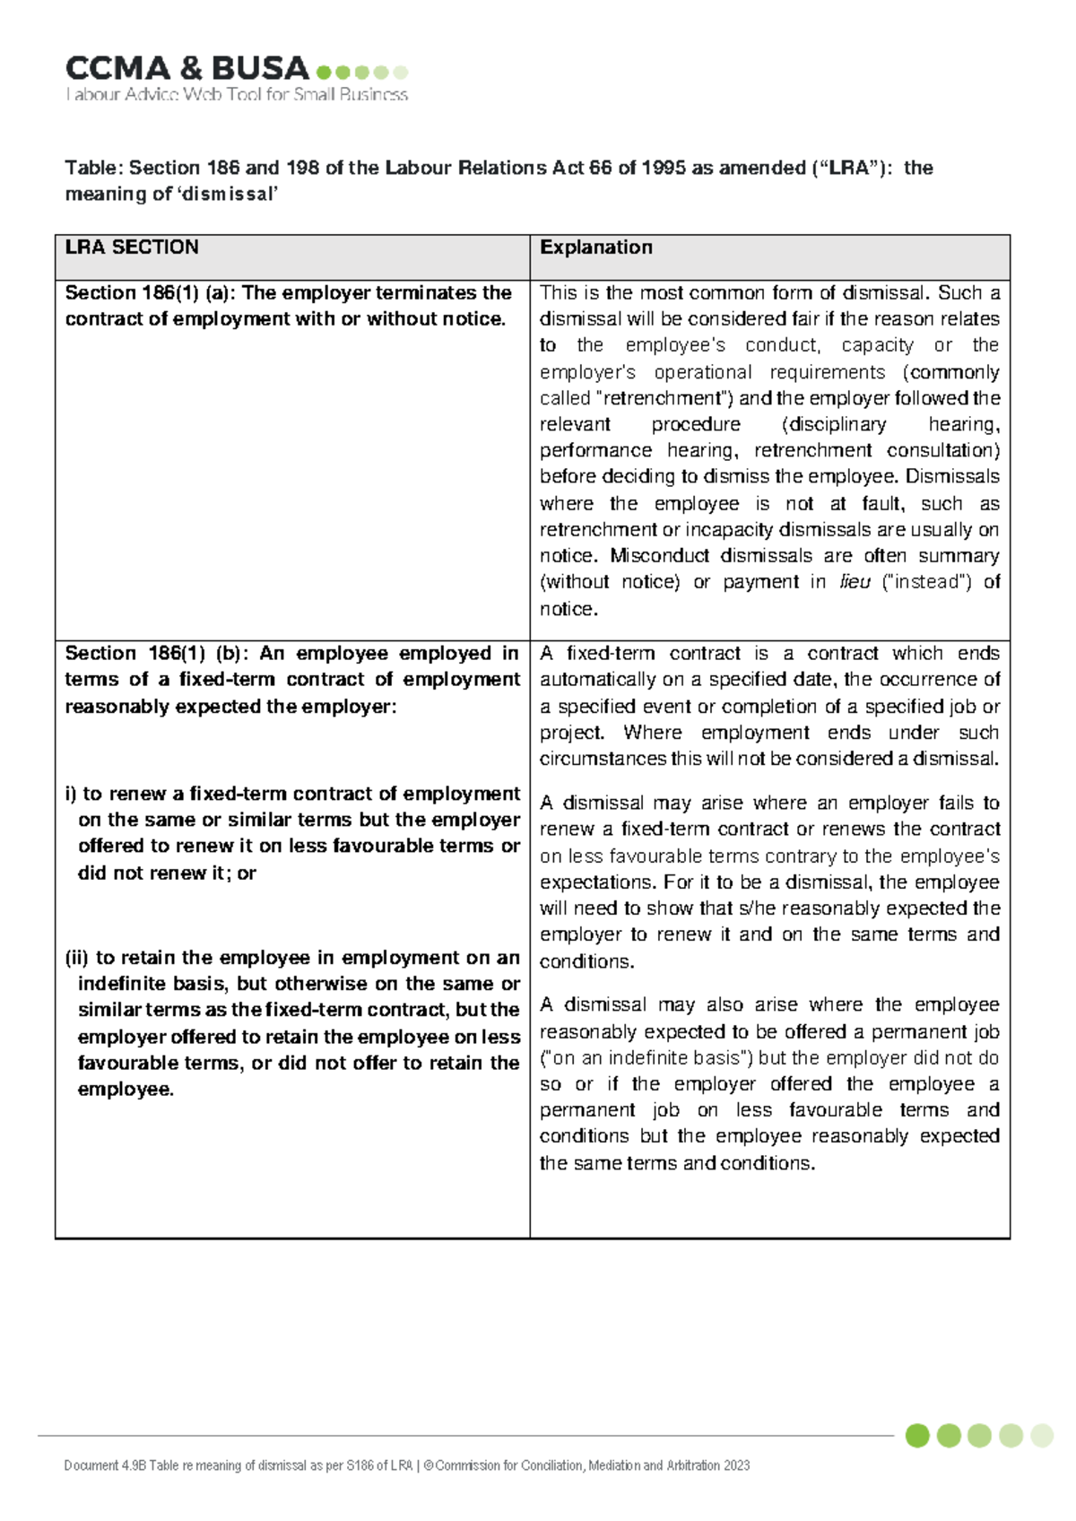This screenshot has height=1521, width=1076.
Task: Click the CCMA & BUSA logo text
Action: tap(187, 68)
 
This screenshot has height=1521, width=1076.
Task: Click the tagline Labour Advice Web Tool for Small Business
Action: tap(237, 94)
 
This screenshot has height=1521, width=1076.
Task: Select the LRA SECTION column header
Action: tap(132, 248)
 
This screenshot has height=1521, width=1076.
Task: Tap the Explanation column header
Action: tap(595, 248)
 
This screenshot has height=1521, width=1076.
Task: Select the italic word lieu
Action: tap(855, 582)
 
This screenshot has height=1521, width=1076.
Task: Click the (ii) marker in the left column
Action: tap(76, 958)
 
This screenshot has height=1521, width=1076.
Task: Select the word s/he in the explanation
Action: tap(751, 908)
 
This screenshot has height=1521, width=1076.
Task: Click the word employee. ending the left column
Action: tap(126, 1090)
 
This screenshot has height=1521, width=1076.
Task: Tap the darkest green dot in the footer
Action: tap(917, 1436)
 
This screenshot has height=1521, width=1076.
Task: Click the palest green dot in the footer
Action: tap(1042, 1436)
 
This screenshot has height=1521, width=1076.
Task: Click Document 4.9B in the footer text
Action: tap(105, 1465)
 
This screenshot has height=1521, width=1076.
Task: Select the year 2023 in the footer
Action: tap(737, 1465)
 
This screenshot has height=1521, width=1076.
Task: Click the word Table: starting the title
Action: tap(93, 168)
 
